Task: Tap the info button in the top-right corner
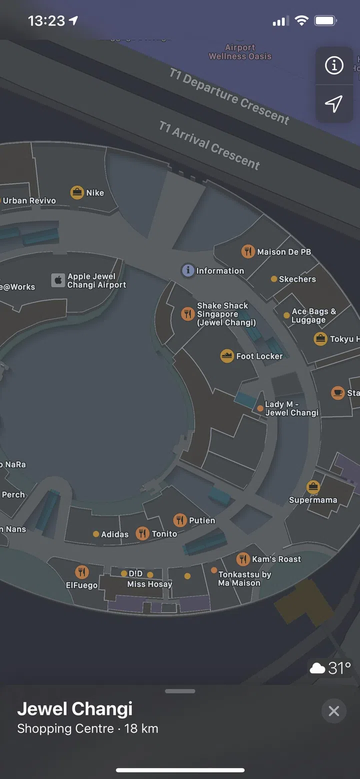[x=334, y=65]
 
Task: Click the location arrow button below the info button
[x=334, y=103]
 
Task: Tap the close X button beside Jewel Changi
[x=333, y=711]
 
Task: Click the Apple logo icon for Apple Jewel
[x=58, y=280]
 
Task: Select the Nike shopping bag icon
[x=77, y=192]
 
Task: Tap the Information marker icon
[x=187, y=270]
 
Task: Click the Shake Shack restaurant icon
[x=187, y=314]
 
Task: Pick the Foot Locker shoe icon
[x=227, y=356]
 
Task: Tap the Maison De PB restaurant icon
[x=248, y=251]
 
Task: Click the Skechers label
[x=297, y=279]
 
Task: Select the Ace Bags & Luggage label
[x=313, y=315]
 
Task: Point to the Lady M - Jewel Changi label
[x=291, y=408]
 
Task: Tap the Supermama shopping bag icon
[x=313, y=486]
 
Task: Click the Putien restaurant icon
[x=180, y=520]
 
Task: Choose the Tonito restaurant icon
[x=143, y=533]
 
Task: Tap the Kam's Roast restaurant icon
[x=243, y=558]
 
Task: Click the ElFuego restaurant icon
[x=82, y=572]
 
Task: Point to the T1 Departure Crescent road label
[x=229, y=96]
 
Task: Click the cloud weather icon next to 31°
[x=317, y=668]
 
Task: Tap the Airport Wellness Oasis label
[x=240, y=52]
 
